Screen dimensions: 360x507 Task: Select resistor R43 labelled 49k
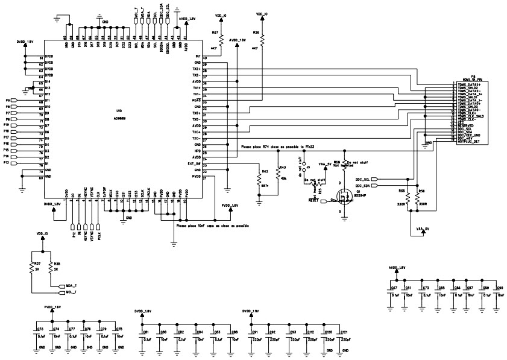pos(278,174)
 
